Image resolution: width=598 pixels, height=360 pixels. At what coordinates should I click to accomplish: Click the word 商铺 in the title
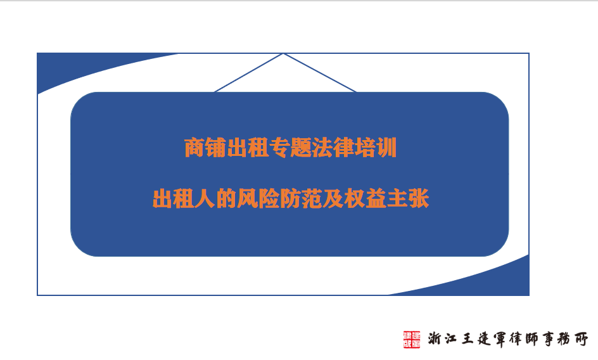point(205,148)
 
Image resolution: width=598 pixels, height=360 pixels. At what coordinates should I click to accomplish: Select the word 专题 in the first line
point(290,148)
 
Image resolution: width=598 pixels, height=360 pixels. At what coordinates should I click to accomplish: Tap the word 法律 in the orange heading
point(333,148)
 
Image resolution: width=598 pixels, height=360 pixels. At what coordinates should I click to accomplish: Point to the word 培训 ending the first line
point(375,148)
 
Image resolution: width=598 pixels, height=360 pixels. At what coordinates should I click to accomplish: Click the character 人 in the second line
point(205,198)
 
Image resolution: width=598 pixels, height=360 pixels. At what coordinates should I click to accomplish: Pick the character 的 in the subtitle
point(226,198)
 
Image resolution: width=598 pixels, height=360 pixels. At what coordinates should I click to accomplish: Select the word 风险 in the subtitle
point(258,198)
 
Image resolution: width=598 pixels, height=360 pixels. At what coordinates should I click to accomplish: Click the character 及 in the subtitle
point(333,198)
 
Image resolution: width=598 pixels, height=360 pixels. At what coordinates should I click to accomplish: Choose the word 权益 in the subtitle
point(365,198)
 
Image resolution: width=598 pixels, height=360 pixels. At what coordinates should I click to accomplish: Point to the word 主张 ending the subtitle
point(407,198)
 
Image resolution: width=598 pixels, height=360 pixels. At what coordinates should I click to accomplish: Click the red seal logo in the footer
point(412,339)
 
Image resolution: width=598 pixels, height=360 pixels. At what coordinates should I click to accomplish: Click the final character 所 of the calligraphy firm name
point(581,339)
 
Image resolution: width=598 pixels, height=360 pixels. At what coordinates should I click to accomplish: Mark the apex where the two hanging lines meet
point(283,54)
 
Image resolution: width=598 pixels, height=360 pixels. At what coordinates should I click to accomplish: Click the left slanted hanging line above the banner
point(249,73)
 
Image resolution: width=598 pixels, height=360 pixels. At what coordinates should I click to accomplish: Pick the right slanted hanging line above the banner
point(320,73)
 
